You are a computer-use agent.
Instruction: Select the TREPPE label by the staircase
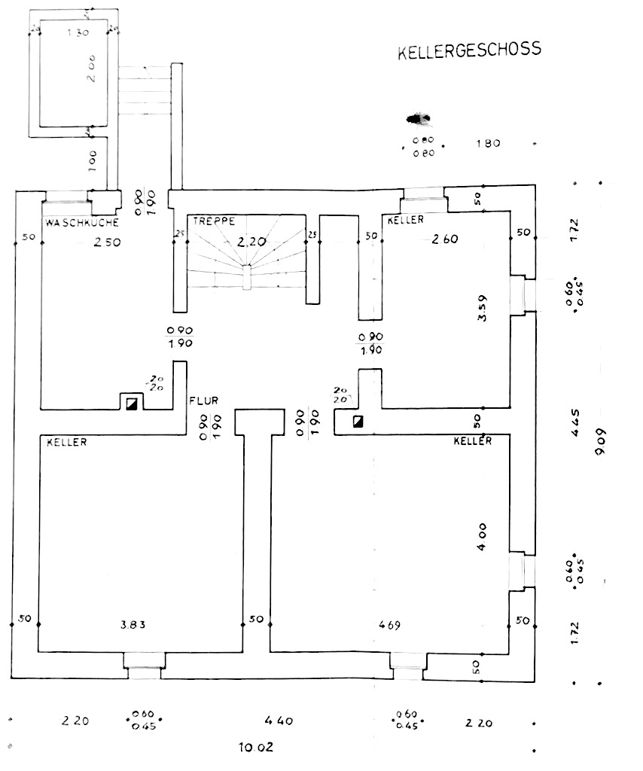(x=214, y=221)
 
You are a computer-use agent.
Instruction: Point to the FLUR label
(x=203, y=401)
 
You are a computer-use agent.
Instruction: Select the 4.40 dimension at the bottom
(x=279, y=721)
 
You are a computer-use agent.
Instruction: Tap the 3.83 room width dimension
(x=133, y=624)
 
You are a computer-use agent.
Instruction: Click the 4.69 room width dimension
(x=390, y=624)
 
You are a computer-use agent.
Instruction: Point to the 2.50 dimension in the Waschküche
(x=106, y=242)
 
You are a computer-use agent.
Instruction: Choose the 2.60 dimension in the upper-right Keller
(x=445, y=239)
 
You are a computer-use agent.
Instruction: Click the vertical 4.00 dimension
(x=483, y=535)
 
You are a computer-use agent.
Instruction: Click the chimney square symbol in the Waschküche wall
(x=133, y=403)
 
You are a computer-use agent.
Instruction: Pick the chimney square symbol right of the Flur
(x=358, y=421)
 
